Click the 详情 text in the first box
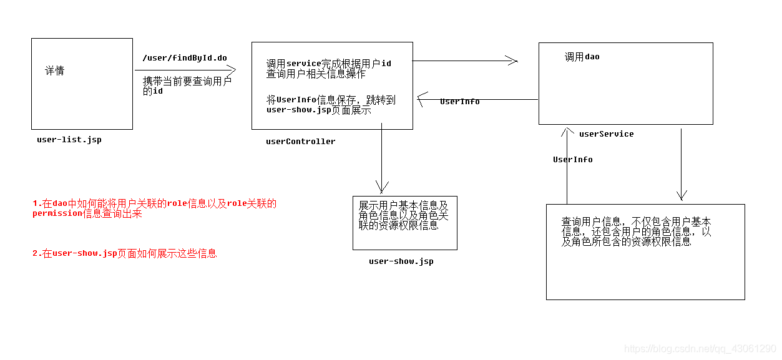pos(54,71)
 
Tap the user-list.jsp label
pos(69,140)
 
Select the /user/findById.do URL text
pos(185,58)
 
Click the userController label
pos(300,142)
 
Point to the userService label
pos(606,134)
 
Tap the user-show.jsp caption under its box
pos(401,261)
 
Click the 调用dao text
pos(582,57)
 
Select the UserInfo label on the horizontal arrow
pos(459,102)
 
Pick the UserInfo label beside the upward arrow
pos(572,160)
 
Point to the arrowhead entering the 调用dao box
pos(512,61)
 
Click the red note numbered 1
pos(154,208)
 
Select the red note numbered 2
pos(125,253)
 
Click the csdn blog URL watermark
pos(700,349)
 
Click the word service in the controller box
pos(303,64)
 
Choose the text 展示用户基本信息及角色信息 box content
pos(404,215)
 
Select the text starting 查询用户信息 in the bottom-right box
pos(636,231)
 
